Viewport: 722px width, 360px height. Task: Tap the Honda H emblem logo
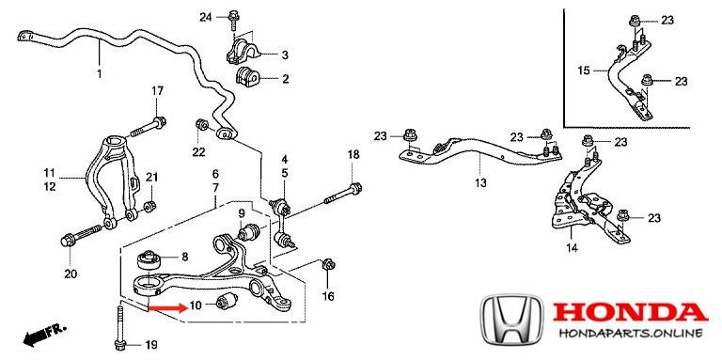point(511,319)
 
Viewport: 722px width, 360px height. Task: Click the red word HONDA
point(630,313)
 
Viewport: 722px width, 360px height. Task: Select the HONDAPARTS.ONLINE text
point(631,333)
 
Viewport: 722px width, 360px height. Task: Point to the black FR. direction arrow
point(45,336)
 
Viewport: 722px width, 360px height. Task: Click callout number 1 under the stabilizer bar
point(99,73)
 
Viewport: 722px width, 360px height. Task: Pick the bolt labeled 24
point(233,20)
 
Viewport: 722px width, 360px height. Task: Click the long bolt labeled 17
point(148,128)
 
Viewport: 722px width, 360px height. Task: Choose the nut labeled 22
point(201,124)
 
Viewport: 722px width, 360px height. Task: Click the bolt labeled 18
point(343,194)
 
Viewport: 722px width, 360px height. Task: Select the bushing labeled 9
point(248,230)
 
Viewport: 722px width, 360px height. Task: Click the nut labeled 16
point(328,264)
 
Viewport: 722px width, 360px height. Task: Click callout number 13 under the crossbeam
point(480,183)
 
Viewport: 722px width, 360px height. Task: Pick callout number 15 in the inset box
point(584,70)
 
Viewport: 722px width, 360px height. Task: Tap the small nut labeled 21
point(149,205)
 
